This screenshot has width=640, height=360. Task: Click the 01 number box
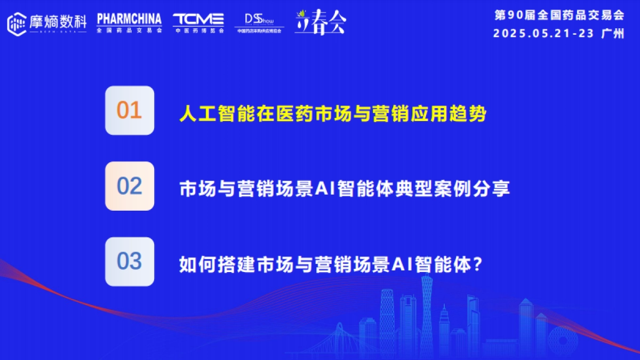click(130, 110)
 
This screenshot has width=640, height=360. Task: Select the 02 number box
click(130, 186)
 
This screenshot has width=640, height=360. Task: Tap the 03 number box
click(130, 262)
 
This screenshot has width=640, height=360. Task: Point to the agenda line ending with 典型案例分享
click(345, 189)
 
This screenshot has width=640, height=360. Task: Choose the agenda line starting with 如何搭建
click(331, 264)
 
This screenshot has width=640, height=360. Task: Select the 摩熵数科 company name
click(58, 21)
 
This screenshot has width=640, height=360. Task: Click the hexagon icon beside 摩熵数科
click(18, 23)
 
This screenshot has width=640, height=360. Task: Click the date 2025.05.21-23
click(543, 33)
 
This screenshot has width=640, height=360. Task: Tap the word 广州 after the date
click(612, 33)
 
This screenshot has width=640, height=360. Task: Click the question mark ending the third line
click(478, 264)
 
